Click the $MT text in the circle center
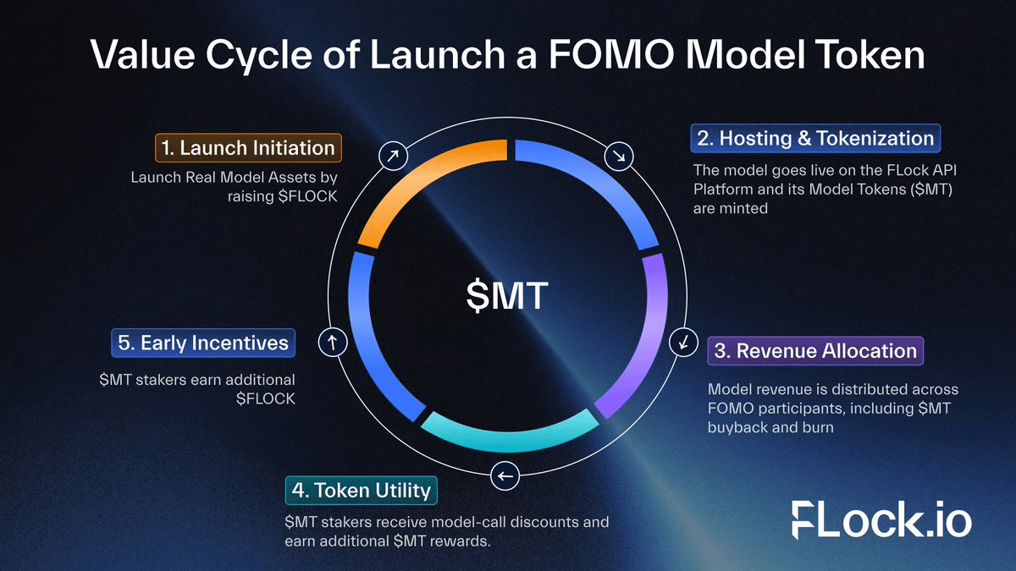click(x=508, y=297)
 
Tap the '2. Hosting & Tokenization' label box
click(x=815, y=138)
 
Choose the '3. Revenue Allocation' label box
click(x=815, y=350)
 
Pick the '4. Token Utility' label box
click(x=362, y=489)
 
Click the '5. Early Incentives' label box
click(x=203, y=343)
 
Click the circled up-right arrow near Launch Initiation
click(x=393, y=156)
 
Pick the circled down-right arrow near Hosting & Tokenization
click(x=620, y=156)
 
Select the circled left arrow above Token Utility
click(x=505, y=476)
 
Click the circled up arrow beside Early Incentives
click(x=332, y=342)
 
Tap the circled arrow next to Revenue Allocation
click(x=682, y=342)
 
